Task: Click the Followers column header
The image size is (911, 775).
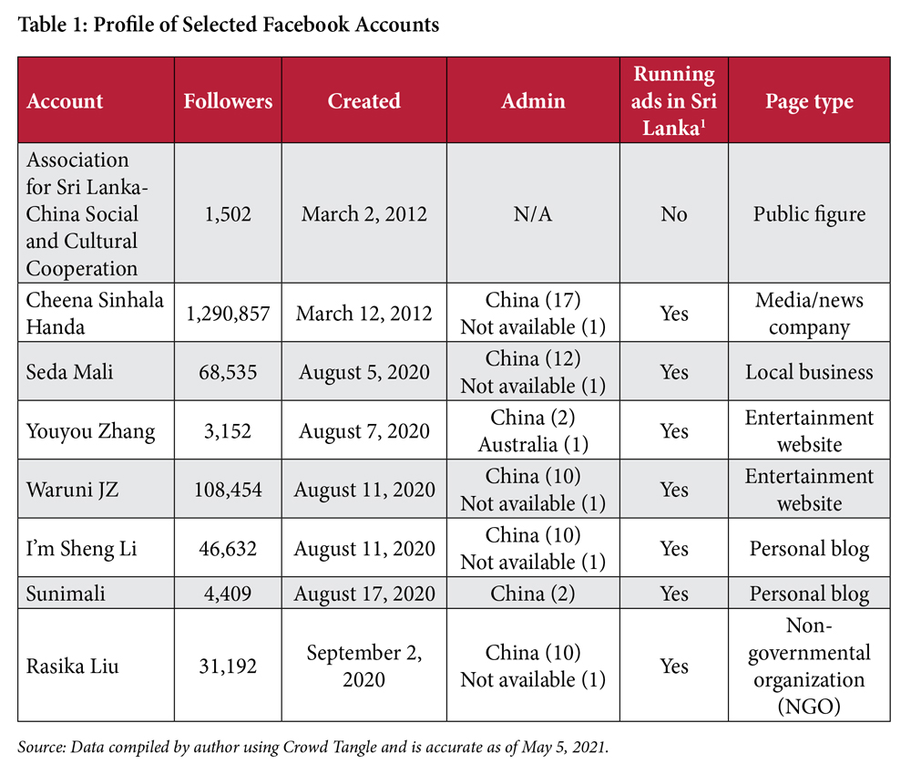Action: click(228, 100)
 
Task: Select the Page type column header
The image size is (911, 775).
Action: click(810, 100)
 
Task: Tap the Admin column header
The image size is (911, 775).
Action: click(533, 100)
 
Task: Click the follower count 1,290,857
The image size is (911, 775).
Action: click(228, 314)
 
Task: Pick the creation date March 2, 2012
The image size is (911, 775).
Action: click(363, 214)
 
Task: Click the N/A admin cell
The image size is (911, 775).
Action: click(533, 214)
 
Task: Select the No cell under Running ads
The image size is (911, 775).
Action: click(674, 214)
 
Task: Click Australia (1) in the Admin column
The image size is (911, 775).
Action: click(533, 445)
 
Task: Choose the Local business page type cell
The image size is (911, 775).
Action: click(810, 372)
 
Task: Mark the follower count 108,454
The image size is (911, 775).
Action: click(228, 490)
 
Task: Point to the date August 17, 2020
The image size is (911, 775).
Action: click(363, 594)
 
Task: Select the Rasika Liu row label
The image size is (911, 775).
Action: click(73, 666)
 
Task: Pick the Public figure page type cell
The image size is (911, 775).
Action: click(810, 214)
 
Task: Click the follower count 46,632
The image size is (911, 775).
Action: click(228, 549)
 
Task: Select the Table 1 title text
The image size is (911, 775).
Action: click(228, 25)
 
